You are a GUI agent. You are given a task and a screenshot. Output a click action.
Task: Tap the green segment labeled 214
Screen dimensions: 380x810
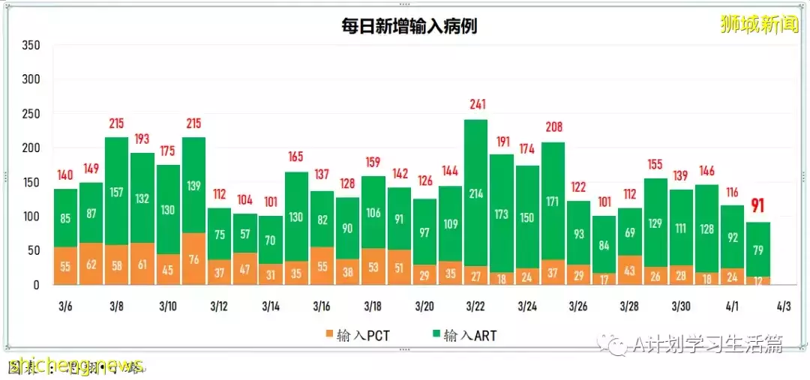pyautogui.click(x=475, y=193)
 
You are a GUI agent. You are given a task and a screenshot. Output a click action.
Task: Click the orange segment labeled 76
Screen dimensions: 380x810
pyautogui.click(x=193, y=259)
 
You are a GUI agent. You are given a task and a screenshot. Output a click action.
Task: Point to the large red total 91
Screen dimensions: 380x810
pyautogui.click(x=758, y=207)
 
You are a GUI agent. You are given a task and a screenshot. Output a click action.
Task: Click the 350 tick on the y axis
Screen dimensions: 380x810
pyautogui.click(x=31, y=45)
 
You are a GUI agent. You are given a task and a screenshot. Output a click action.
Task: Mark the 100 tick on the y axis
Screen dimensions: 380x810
pyautogui.click(x=31, y=217)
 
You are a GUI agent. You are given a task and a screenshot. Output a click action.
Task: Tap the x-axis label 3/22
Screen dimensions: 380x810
pyautogui.click(x=475, y=307)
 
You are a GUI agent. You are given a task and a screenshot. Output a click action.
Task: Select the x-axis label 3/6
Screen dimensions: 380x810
pyautogui.click(x=66, y=307)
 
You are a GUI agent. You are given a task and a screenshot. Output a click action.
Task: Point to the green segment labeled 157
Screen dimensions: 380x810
pyautogui.click(x=116, y=193)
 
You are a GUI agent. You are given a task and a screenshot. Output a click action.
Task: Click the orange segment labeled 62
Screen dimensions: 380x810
pyautogui.click(x=91, y=264)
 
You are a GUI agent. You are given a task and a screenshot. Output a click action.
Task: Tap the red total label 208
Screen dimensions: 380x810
pyautogui.click(x=553, y=127)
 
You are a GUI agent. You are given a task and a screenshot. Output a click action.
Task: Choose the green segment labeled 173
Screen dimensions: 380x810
pyautogui.click(x=502, y=214)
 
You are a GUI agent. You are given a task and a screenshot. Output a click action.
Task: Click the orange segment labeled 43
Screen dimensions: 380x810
pyautogui.click(x=630, y=271)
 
